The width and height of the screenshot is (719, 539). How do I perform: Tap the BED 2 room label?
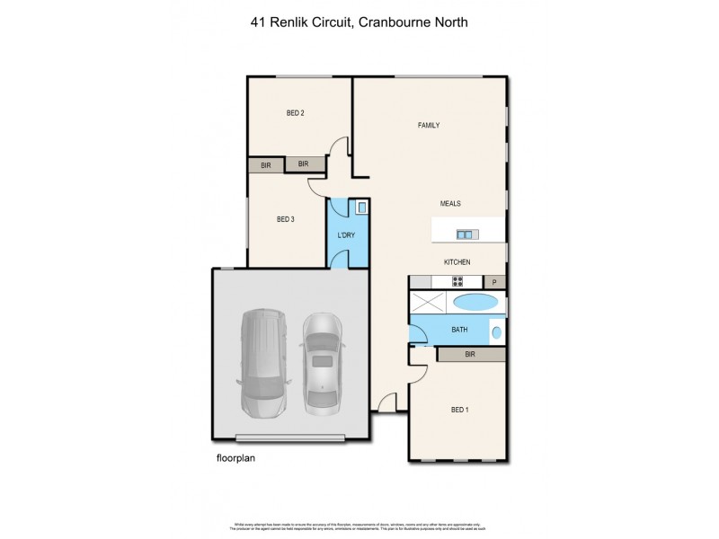(x=295, y=113)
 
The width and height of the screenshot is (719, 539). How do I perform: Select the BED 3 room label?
(x=285, y=219)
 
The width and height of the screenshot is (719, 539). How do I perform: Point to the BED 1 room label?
(x=459, y=411)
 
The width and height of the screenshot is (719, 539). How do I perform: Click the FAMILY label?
(x=429, y=125)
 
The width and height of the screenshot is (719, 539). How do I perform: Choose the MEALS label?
(x=450, y=204)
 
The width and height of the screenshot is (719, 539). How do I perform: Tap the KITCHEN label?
(x=457, y=262)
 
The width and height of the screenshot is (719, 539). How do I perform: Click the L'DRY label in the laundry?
(x=346, y=235)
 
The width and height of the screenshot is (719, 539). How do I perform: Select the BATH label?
(x=459, y=331)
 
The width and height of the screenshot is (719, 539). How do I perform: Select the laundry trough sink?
(x=360, y=208)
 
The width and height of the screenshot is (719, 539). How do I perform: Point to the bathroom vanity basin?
(x=496, y=332)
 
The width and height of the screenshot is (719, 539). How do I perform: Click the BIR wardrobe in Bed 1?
(x=470, y=355)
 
